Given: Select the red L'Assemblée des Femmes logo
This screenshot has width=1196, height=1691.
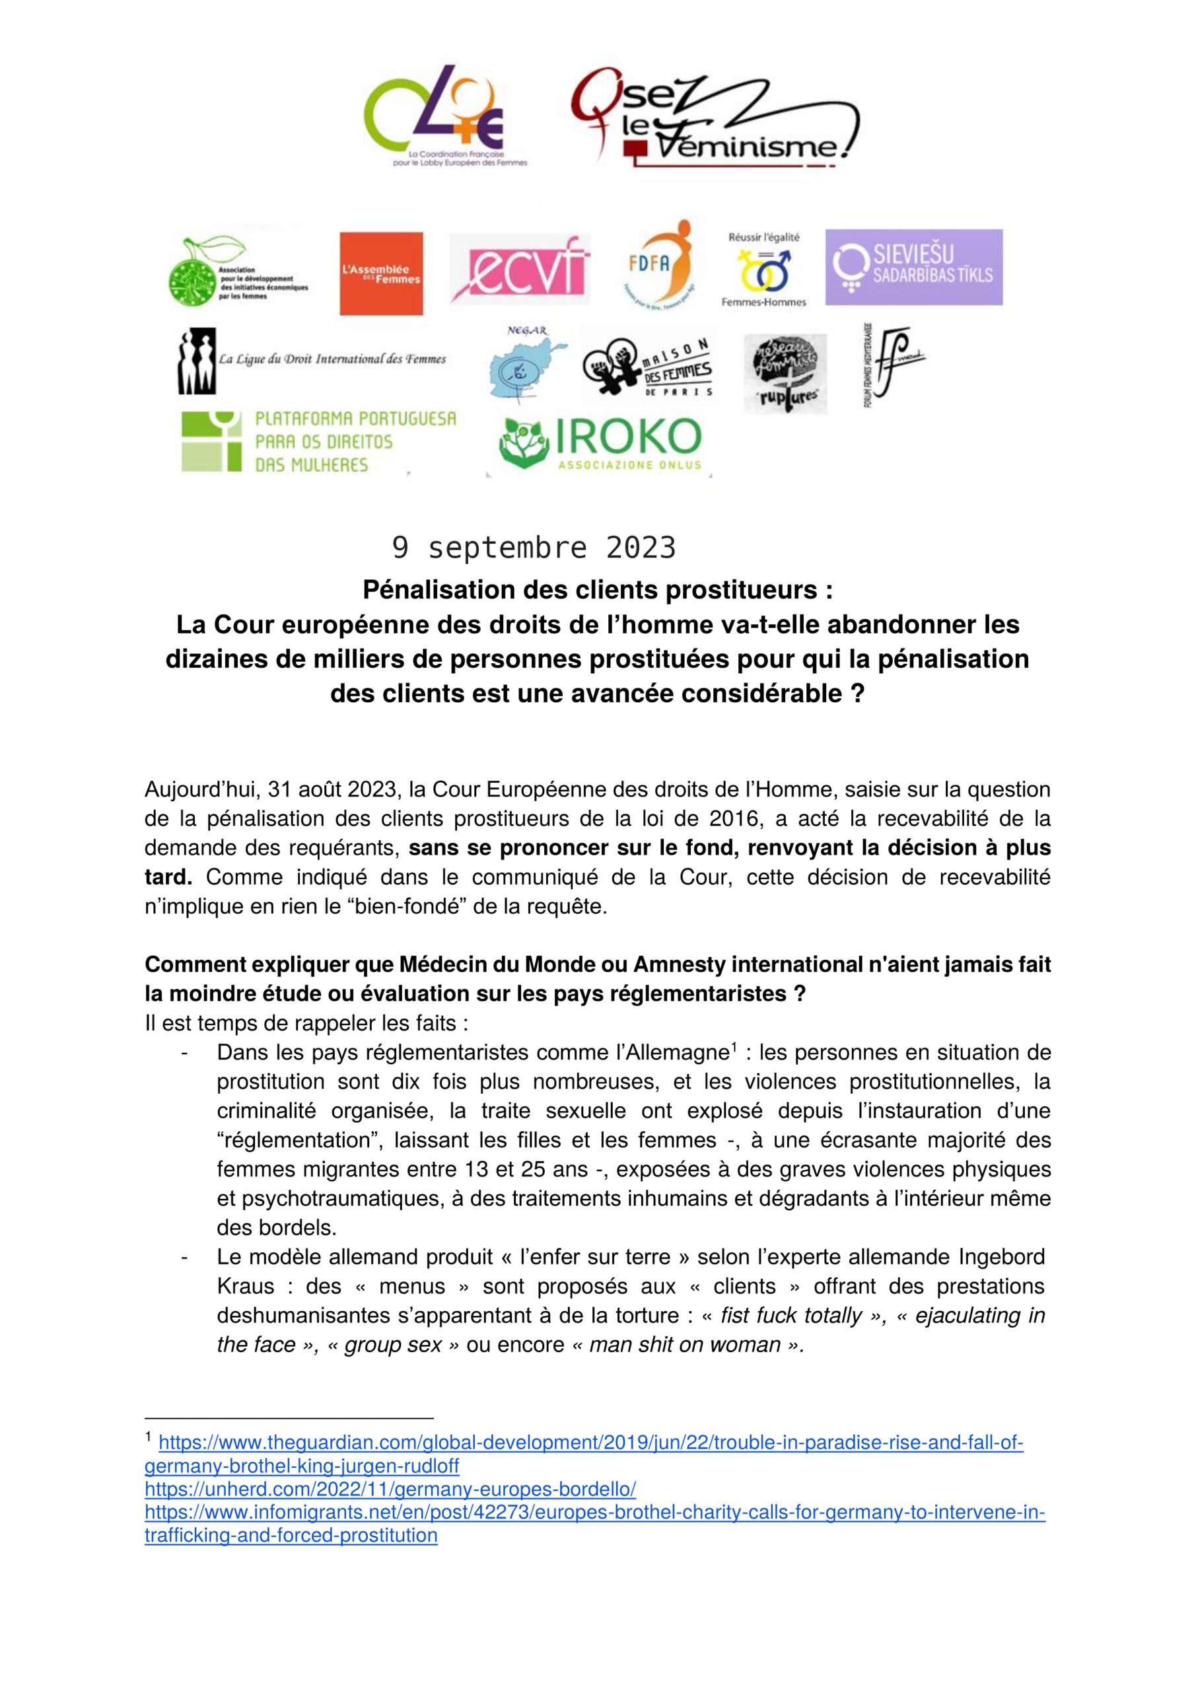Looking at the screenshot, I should tap(381, 273).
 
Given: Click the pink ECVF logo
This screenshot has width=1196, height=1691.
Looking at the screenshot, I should tap(519, 268).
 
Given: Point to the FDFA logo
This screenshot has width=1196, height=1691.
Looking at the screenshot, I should tap(658, 263).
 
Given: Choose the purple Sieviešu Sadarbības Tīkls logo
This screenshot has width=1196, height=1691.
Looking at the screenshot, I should tap(913, 267).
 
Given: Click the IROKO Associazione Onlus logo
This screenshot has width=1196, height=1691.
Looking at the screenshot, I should tap(600, 444).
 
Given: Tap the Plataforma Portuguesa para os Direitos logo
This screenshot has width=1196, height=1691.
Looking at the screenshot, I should tap(318, 441).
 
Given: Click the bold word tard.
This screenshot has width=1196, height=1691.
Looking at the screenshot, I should tap(167, 877).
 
